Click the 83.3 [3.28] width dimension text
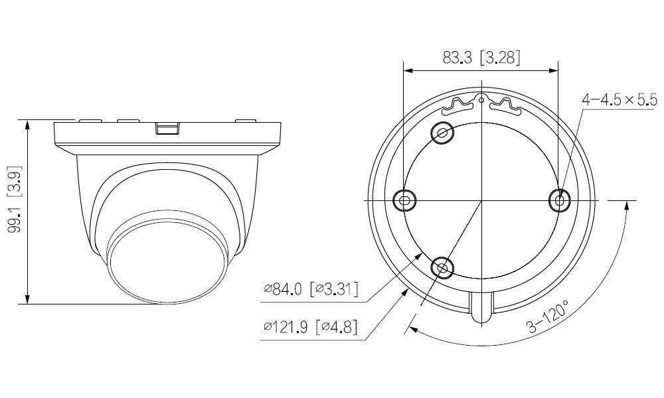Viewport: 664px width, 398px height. coord(481,58)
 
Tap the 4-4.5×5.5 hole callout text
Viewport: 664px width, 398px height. coord(619,100)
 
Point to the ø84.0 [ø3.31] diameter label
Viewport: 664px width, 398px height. coord(310,289)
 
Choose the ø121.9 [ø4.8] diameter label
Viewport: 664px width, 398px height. coord(310,327)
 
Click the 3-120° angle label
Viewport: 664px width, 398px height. coord(548,318)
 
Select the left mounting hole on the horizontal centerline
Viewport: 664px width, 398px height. coord(404,199)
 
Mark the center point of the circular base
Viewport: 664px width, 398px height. coord(481,200)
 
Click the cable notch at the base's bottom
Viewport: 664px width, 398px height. coord(481,308)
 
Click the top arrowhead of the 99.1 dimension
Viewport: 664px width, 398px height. coord(27,124)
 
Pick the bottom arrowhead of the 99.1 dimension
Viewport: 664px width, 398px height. coord(27,300)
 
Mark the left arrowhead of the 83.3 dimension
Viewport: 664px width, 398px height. coord(408,69)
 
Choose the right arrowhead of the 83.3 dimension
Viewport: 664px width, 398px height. coord(554,69)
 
